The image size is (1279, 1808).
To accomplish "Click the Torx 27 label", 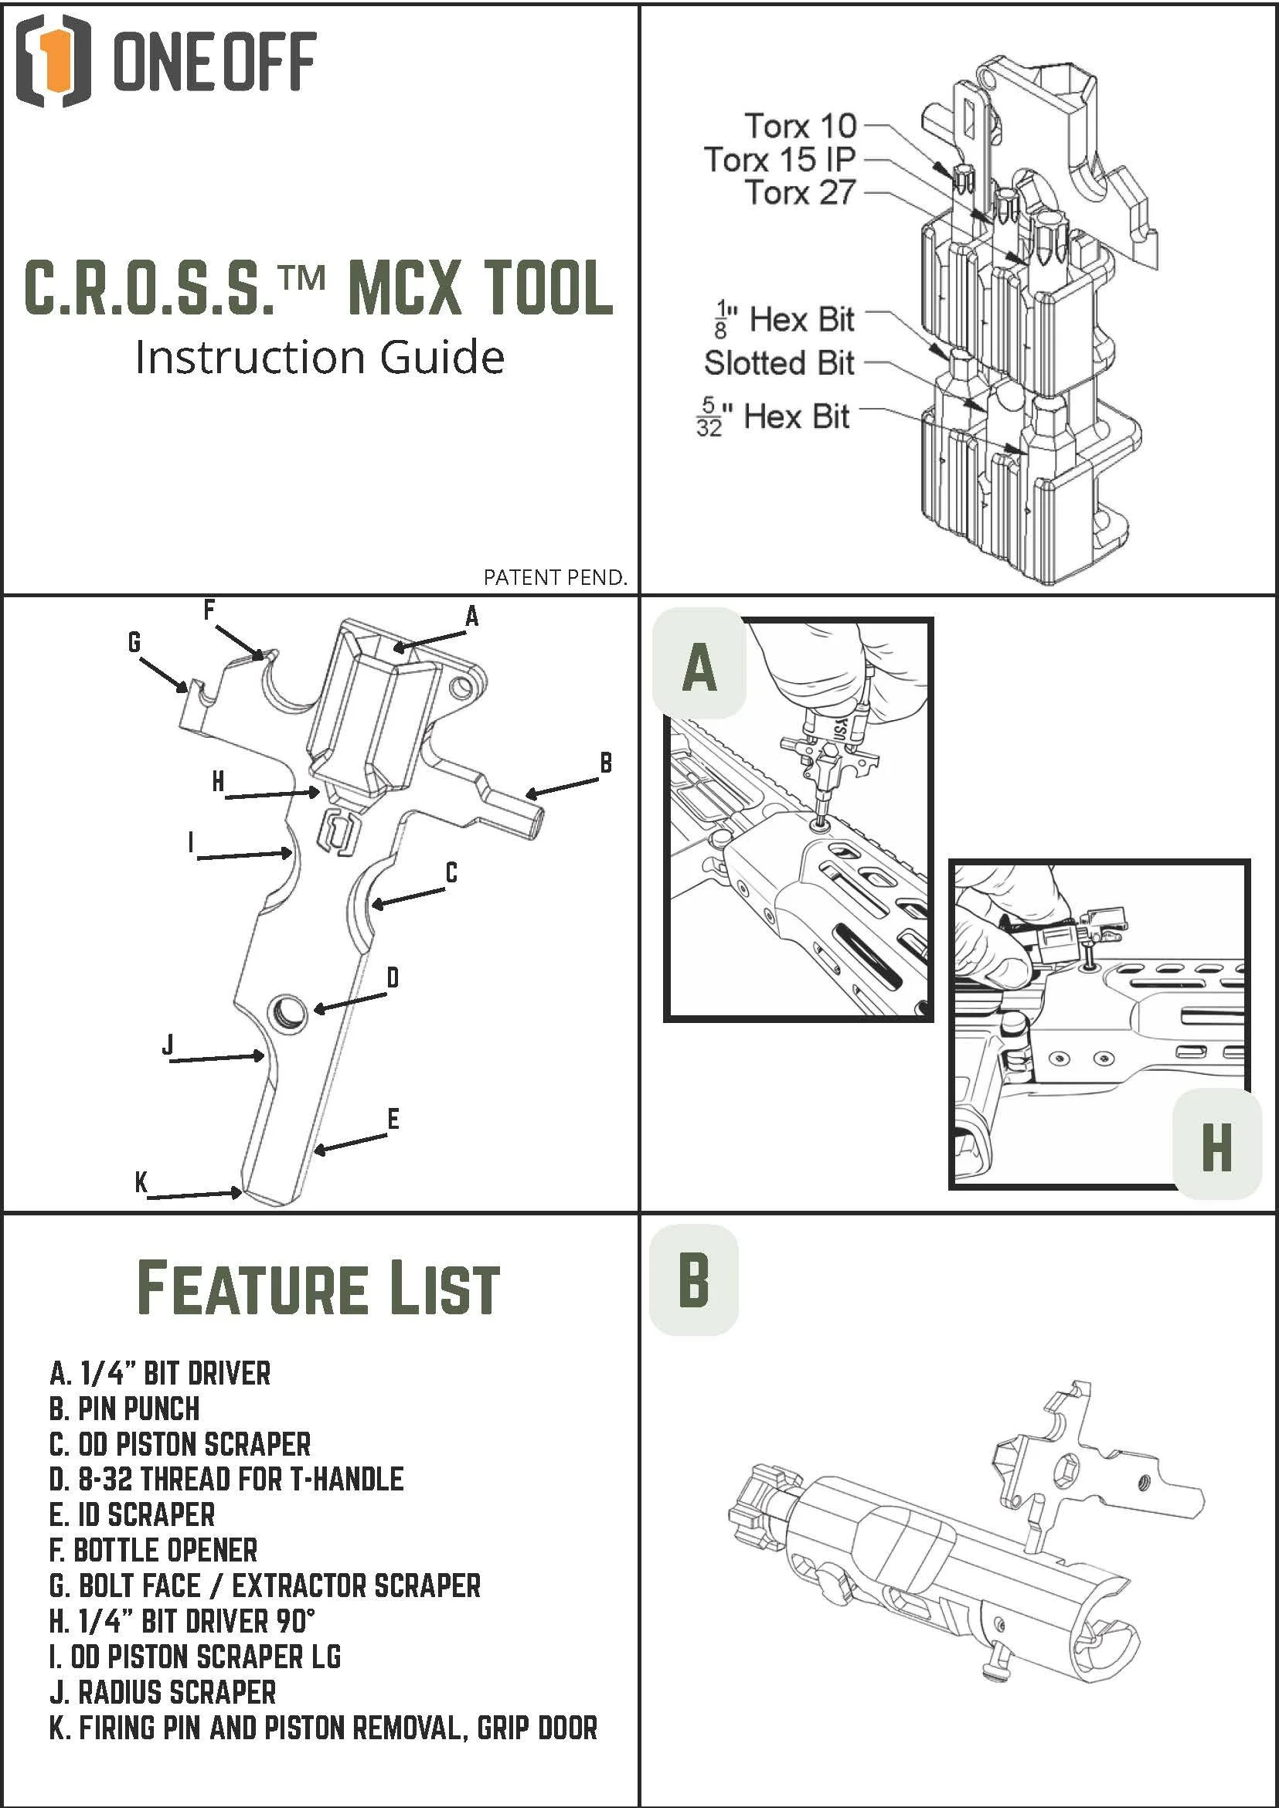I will (x=800, y=192).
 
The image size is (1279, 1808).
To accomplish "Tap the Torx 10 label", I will (x=800, y=125).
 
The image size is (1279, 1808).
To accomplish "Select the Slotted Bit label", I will (x=779, y=363).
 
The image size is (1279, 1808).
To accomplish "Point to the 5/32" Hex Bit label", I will (x=772, y=417).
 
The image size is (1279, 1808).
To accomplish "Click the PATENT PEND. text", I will (x=555, y=577).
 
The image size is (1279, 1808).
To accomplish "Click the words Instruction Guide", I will (x=320, y=358).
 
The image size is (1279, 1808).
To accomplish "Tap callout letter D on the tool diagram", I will (x=393, y=978).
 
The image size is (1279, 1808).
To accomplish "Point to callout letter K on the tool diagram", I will (x=141, y=1182).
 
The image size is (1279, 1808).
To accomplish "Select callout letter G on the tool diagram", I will (x=134, y=644).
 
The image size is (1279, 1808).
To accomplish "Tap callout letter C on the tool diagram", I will (x=451, y=872).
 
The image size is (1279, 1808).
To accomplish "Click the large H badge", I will (x=1216, y=1147).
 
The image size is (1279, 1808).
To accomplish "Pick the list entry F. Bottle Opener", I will (x=154, y=1550).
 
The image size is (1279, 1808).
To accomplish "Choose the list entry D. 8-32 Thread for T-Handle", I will (x=226, y=1479).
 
